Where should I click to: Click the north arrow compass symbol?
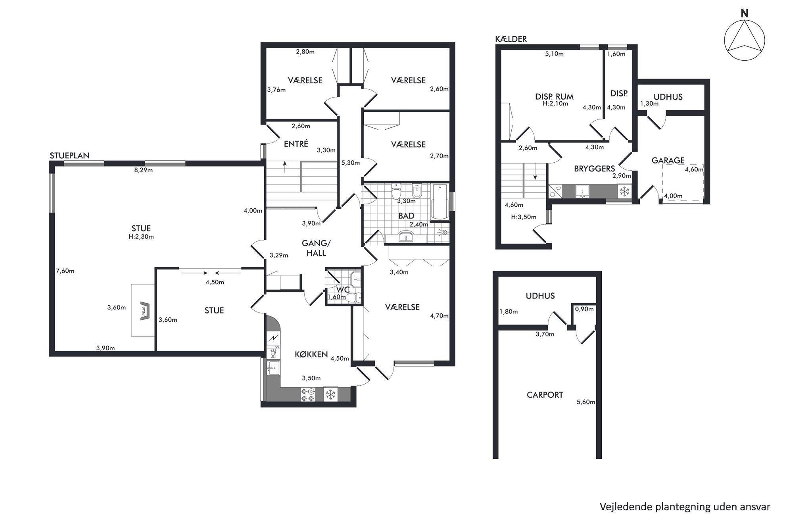(745, 40)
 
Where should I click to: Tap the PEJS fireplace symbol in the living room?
(144, 310)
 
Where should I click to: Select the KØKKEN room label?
(311, 354)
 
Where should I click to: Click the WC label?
(343, 289)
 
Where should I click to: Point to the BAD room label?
(406, 216)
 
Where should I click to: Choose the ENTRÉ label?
(296, 144)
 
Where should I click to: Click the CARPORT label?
(545, 395)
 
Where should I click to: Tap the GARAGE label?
(668, 160)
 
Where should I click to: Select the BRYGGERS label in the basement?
(594, 169)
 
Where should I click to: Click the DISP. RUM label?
(554, 96)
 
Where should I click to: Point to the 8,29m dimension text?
(143, 170)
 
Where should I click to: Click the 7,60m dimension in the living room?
(65, 271)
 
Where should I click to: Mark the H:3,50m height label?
(524, 217)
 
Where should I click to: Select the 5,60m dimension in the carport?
(586, 402)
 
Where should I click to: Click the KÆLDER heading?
(511, 39)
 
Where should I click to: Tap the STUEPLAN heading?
(69, 156)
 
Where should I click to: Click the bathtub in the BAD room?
(439, 202)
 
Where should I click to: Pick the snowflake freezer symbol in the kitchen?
(330, 394)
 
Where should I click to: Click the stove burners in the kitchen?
(308, 394)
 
